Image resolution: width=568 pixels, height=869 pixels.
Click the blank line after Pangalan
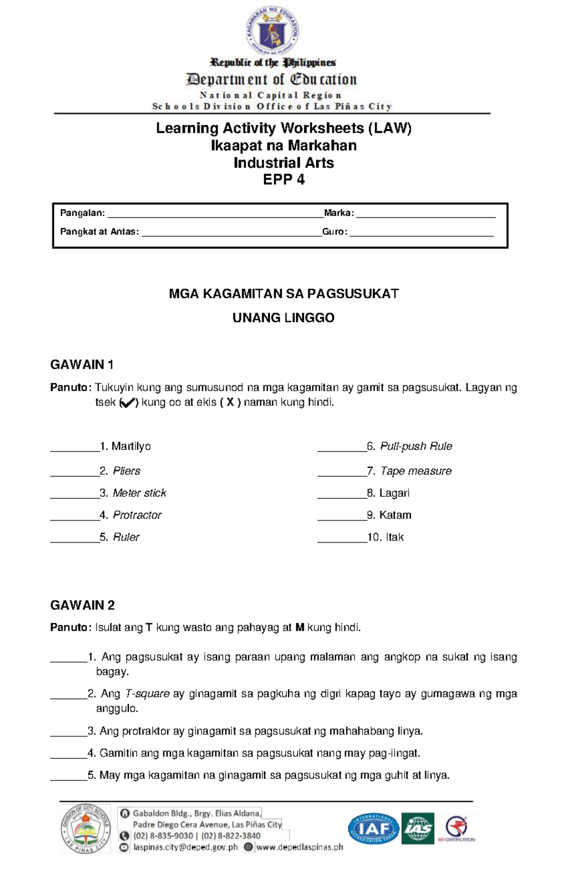click(215, 215)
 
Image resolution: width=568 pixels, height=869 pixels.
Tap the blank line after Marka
click(425, 215)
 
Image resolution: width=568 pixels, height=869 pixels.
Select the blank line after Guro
click(421, 234)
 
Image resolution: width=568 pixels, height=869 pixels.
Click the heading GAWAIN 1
click(82, 365)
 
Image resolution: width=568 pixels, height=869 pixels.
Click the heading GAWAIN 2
click(82, 605)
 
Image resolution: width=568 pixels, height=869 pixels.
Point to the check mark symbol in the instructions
click(127, 403)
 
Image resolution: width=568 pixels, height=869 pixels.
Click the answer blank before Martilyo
click(75, 450)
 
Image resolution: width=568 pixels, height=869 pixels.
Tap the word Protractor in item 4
click(137, 515)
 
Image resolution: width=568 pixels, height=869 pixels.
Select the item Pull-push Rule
click(416, 446)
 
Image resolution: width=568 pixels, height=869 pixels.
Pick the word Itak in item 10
click(395, 537)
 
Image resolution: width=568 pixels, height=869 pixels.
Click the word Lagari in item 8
click(394, 493)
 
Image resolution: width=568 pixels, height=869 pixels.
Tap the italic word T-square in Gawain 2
click(147, 694)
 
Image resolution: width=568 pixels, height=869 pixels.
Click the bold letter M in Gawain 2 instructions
click(299, 628)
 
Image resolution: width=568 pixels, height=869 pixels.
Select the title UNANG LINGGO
click(283, 318)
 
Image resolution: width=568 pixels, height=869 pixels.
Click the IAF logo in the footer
click(373, 829)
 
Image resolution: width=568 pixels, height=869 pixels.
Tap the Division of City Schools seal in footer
click(85, 829)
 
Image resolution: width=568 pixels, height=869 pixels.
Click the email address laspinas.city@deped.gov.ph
click(185, 847)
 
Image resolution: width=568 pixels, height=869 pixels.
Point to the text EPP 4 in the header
click(284, 180)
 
